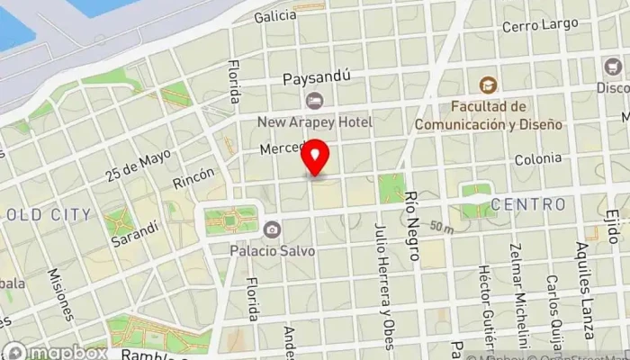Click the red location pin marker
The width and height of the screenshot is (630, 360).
pos(316,158)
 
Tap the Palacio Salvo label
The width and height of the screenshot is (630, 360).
pos(271,250)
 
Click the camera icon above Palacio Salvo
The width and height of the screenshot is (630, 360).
pos(271,229)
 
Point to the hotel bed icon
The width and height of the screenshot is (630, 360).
pos(313,100)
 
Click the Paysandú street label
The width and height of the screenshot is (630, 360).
pos(316,78)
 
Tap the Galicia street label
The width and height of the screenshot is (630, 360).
pos(275,16)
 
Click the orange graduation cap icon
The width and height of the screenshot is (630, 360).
pos(488,85)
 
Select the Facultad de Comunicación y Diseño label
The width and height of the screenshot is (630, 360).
pos(488,116)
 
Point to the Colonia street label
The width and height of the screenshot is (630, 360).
pos(537,159)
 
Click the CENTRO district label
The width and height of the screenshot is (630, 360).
pos(529,204)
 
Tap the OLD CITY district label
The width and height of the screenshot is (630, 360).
pos(49,214)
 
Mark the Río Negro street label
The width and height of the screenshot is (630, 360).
pos(413,226)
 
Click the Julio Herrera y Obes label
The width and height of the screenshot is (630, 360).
pos(383,285)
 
